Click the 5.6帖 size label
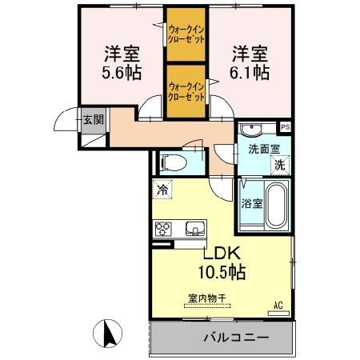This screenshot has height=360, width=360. pyautogui.click(x=122, y=73)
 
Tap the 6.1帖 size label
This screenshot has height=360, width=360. pyautogui.click(x=250, y=72)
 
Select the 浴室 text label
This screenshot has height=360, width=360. pyautogui.click(x=252, y=203)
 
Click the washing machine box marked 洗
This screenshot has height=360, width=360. pyautogui.click(x=280, y=164)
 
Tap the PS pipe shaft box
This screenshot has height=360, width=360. pyautogui.click(x=286, y=126)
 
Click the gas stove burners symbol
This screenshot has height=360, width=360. pyautogui.click(x=163, y=229)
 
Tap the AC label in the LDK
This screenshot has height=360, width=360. pyautogui.click(x=278, y=304)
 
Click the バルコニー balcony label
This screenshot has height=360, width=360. pyautogui.click(x=235, y=337)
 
